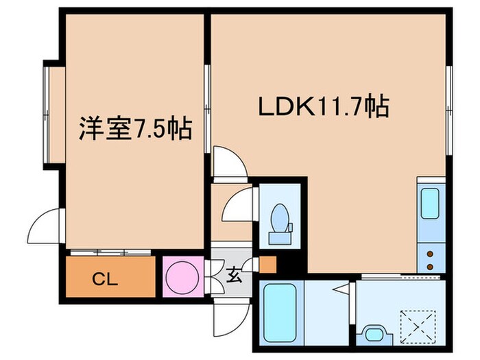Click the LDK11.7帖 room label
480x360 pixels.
(324, 106)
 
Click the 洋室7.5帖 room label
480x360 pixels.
(135, 128)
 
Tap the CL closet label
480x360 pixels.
(106, 279)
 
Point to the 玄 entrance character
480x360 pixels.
(234, 276)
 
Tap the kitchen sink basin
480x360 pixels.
(430, 202)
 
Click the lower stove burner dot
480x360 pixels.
(430, 265)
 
